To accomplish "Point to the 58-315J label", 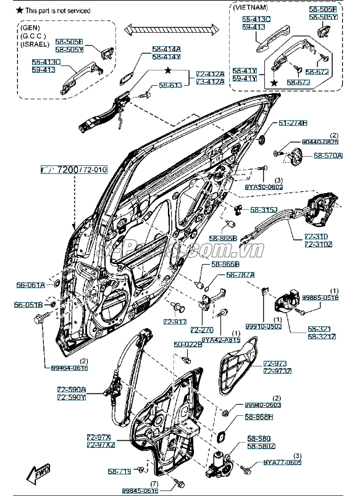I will pos(264,210).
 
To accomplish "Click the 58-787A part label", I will pos(240,275).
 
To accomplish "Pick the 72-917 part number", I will pos(175,322).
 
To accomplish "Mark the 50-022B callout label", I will pos(188,344).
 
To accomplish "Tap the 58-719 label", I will pos(120,471).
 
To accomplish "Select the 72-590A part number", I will pos(72,390).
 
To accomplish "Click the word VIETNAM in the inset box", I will pos(250,7).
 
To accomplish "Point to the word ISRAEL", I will pos(35,44).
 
